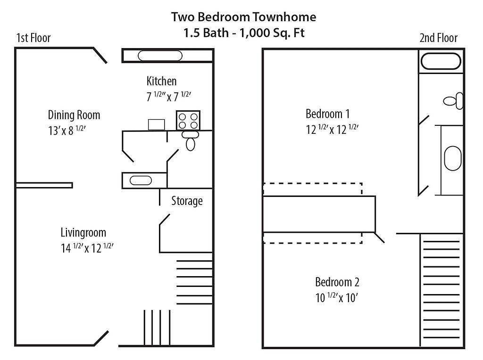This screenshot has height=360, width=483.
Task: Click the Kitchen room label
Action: (161, 81)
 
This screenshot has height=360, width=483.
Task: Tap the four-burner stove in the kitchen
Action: (188, 120)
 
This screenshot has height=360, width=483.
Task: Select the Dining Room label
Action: (74, 115)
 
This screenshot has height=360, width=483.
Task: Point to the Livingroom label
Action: (83, 233)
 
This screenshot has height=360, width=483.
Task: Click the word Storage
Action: (187, 201)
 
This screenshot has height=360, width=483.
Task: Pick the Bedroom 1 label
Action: (328, 114)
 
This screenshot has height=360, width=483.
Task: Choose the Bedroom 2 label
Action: (337, 282)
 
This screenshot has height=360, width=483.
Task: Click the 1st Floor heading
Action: (33, 38)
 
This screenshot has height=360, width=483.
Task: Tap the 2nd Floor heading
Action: (438, 38)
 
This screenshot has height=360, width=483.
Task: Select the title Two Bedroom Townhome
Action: (244, 17)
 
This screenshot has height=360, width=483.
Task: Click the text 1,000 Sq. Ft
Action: (272, 33)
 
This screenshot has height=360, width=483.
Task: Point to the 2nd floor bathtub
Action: (441, 61)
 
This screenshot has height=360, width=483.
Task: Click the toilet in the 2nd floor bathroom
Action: (453, 101)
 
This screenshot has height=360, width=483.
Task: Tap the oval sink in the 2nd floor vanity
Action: (453, 158)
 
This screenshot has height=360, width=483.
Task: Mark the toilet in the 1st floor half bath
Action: (191, 140)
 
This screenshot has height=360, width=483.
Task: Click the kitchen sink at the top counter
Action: (160, 56)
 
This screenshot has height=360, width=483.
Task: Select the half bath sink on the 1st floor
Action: (141, 180)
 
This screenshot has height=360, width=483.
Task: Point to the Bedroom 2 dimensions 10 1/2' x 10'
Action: (337, 297)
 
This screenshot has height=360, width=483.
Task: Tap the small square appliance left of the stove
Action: (157, 124)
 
